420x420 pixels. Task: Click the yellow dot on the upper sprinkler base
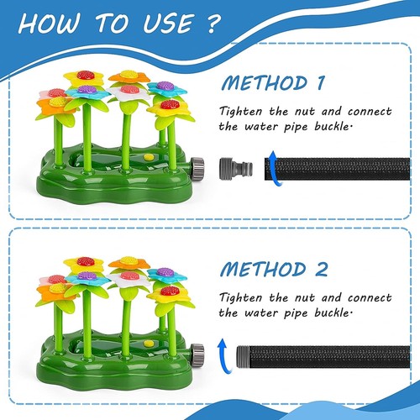click(x=149, y=157)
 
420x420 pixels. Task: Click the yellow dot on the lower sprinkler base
click(x=149, y=343)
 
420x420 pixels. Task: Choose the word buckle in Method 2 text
click(x=329, y=312)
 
